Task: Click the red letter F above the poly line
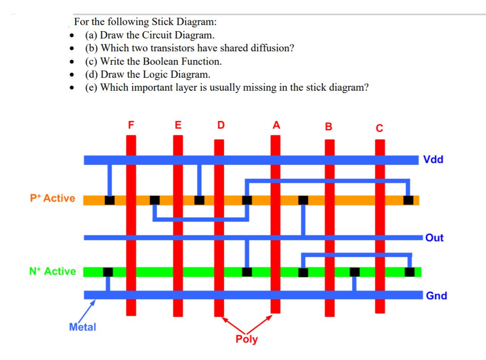pyautogui.click(x=131, y=125)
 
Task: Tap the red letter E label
pyautogui.click(x=178, y=125)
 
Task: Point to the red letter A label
pyautogui.click(x=276, y=125)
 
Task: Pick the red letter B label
pyautogui.click(x=328, y=127)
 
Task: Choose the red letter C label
pyautogui.click(x=379, y=128)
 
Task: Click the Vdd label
pyautogui.click(x=433, y=160)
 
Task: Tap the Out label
pyautogui.click(x=434, y=238)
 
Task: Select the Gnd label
pyautogui.click(x=436, y=296)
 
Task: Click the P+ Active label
pyautogui.click(x=53, y=199)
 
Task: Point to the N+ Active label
pyautogui.click(x=52, y=271)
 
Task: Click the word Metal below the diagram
pyautogui.click(x=82, y=327)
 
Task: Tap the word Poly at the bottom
pyautogui.click(x=246, y=339)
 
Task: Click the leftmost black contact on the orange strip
pyautogui.click(x=110, y=200)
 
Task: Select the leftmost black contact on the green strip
pyautogui.click(x=108, y=272)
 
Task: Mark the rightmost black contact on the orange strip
pyautogui.click(x=408, y=200)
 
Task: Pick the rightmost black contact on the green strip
pyautogui.click(x=410, y=272)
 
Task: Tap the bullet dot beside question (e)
pyautogui.click(x=71, y=88)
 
